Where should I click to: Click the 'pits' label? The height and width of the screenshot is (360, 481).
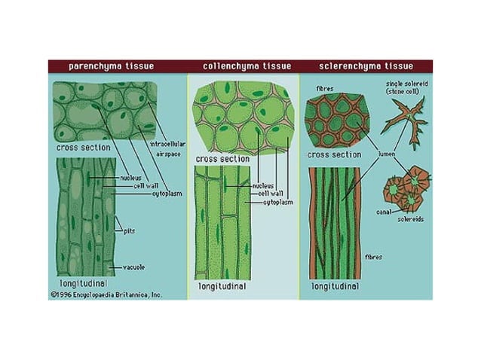click(129, 232)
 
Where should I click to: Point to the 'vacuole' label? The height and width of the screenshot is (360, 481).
click(133, 267)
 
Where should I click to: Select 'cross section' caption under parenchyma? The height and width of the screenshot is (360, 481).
click(83, 148)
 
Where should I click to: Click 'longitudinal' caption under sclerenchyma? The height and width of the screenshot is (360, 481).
click(334, 286)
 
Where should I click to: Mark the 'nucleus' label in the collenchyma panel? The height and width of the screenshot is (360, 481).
click(263, 184)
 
